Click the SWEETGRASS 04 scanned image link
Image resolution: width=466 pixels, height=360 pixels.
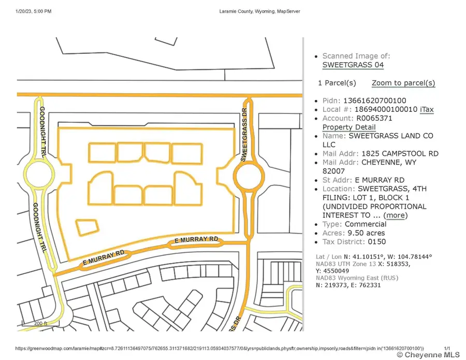(x=353, y=65)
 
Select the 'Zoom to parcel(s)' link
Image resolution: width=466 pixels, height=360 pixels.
(x=403, y=83)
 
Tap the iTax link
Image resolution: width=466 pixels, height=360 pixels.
(x=427, y=109)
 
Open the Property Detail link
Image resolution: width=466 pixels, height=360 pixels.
(x=348, y=127)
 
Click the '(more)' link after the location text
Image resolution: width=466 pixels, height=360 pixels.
(x=396, y=215)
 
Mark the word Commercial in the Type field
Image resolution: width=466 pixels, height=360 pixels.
(x=366, y=224)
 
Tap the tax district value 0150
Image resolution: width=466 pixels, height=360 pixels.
(x=377, y=241)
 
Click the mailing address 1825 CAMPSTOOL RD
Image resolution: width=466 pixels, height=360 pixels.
(x=399, y=153)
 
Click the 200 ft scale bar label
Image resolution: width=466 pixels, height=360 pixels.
(x=40, y=323)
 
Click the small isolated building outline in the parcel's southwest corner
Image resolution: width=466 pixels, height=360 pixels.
(x=88, y=226)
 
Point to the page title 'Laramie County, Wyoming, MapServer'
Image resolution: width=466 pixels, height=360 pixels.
(x=256, y=11)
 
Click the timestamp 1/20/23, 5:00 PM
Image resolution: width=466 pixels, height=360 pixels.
(x=34, y=11)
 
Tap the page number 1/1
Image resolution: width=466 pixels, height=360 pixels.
(x=447, y=348)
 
